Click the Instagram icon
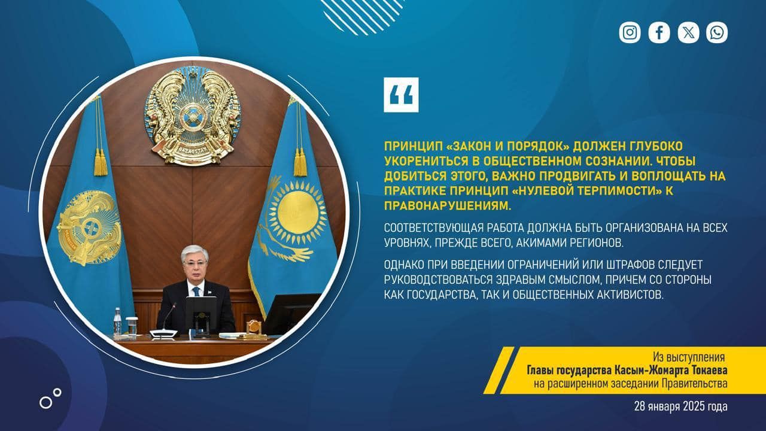point(630,32)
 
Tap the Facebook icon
point(659,32)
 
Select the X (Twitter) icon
point(688,32)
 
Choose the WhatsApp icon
point(717,32)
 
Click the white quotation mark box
point(401,95)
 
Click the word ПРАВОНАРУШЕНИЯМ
point(448,205)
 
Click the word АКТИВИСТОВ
point(630,295)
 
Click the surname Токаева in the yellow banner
point(707,371)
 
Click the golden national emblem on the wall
point(192,116)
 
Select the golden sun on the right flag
point(296,213)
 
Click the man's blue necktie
point(196,292)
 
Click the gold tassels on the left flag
point(101,162)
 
